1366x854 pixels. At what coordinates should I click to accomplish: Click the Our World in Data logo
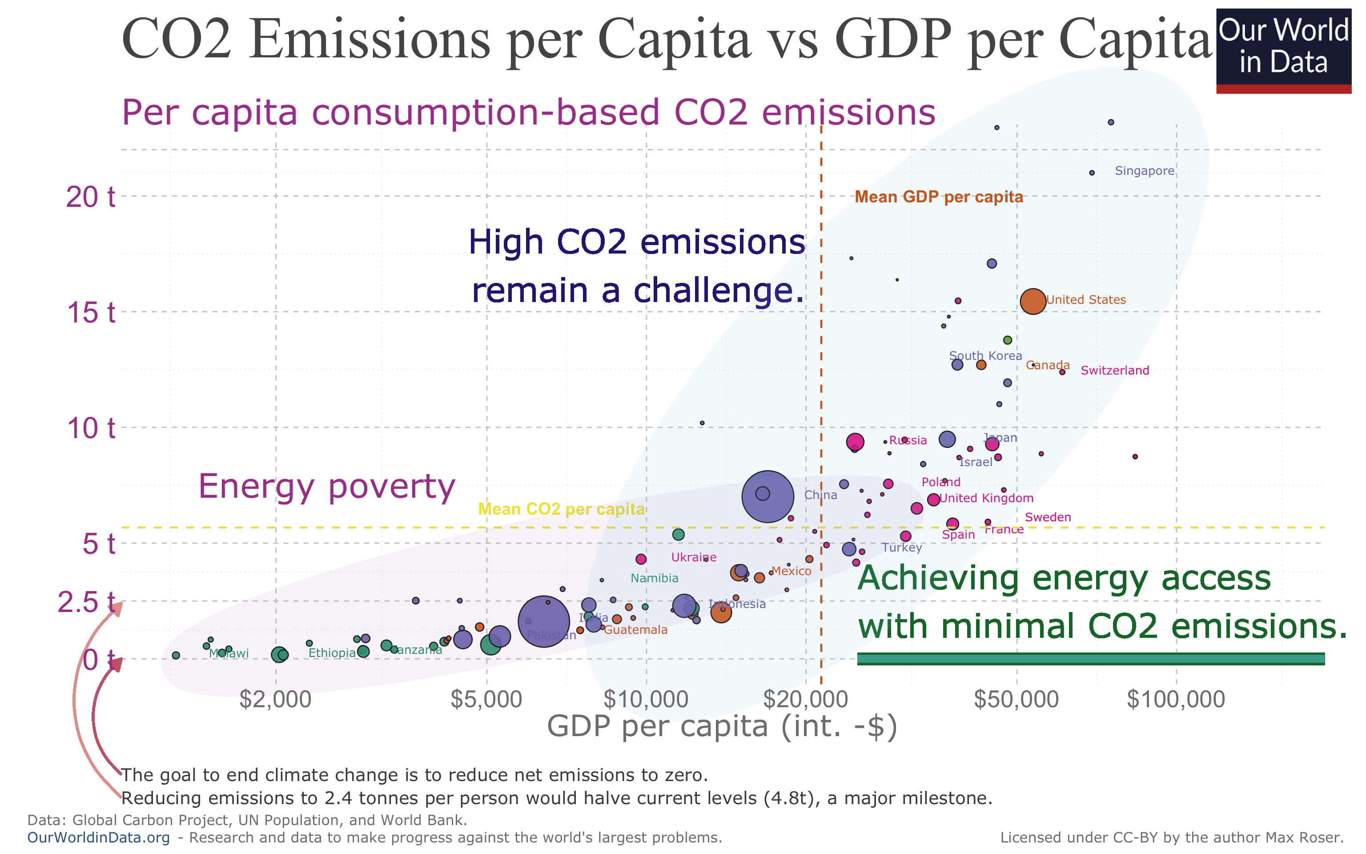1283,50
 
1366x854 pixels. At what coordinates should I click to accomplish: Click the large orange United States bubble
1033,301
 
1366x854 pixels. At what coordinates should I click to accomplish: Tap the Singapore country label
1144,170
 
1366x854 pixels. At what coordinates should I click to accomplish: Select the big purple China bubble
767,496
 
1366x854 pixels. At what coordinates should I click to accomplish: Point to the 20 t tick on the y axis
90,197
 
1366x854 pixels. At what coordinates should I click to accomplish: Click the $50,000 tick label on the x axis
1016,699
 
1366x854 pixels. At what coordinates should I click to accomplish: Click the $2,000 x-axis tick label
275,699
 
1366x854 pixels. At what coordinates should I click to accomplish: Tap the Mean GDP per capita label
938,197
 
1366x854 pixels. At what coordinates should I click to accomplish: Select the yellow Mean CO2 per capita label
561,509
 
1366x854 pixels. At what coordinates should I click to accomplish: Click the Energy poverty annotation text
326,486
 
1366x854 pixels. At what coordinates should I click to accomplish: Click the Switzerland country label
1114,371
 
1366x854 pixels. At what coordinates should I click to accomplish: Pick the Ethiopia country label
332,653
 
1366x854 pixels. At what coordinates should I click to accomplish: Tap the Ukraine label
693,557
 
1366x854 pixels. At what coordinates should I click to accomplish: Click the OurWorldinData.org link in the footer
98,837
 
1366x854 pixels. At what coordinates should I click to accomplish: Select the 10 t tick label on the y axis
90,428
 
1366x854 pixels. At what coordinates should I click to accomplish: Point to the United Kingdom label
986,498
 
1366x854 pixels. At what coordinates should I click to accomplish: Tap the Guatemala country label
635,630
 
